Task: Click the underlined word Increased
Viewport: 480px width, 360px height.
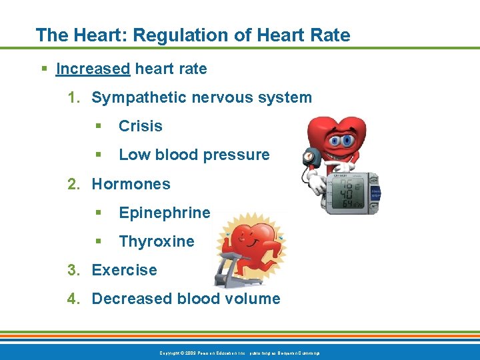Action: click(93, 69)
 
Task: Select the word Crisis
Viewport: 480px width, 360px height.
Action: click(140, 126)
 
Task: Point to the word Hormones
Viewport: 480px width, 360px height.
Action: click(131, 184)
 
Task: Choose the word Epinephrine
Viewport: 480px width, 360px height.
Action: click(164, 213)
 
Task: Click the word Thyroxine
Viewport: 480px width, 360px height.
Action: click(156, 241)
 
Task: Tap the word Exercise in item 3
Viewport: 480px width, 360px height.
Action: click(124, 270)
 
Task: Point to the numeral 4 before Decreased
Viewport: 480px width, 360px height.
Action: click(72, 299)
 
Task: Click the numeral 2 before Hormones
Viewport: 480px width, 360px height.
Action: click(72, 184)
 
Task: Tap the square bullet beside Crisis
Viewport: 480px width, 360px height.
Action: click(97, 126)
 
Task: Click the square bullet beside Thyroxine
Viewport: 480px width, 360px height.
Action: click(97, 241)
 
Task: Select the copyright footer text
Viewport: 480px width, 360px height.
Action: click(239, 352)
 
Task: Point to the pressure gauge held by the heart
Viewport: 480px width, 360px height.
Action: click(309, 157)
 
